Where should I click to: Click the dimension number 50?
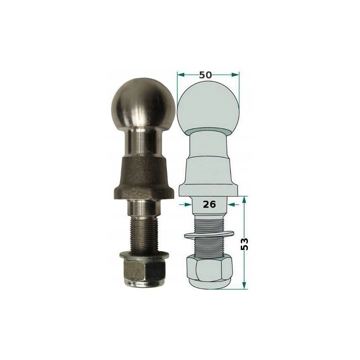click(x=206, y=75)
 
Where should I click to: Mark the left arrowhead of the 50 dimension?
click(x=179, y=74)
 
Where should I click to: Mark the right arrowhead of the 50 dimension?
click(x=238, y=74)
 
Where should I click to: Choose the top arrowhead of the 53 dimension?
click(x=244, y=198)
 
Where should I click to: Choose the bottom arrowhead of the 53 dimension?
click(x=244, y=285)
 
